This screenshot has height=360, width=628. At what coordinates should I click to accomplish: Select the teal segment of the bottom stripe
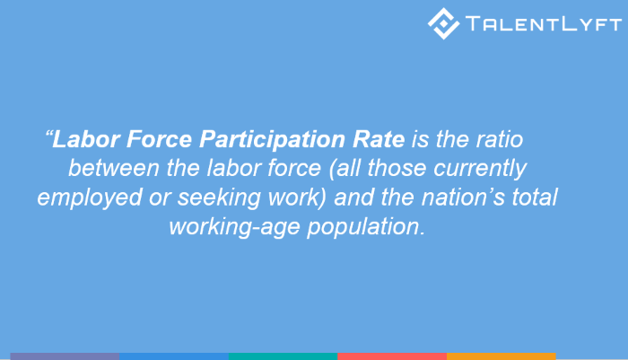283,356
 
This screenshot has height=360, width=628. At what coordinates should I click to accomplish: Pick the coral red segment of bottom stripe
392,356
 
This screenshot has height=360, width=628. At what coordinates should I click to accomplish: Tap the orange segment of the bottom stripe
501,356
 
